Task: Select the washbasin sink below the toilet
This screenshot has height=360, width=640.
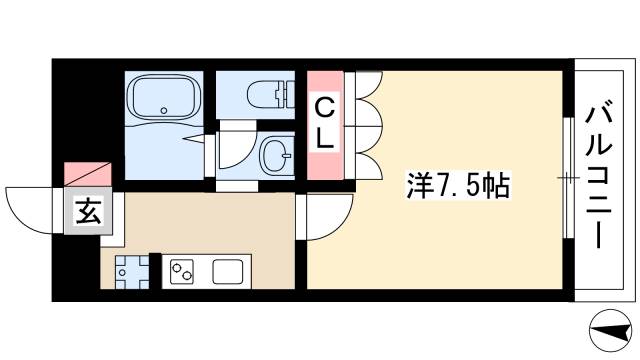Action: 275,155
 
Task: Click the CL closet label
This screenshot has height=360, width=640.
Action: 325,121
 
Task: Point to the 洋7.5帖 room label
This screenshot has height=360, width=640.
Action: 458,184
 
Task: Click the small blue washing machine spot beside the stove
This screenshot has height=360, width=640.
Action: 130,271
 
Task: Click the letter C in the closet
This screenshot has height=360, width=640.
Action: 325,105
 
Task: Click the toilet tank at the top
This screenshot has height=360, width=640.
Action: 290,94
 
